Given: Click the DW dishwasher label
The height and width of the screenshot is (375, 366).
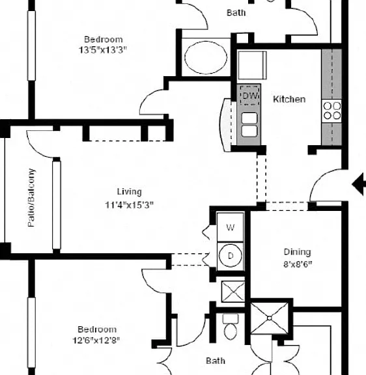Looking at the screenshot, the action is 250,96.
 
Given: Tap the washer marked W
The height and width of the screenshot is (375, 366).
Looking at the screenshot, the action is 230,227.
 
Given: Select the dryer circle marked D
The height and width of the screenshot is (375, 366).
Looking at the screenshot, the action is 230,256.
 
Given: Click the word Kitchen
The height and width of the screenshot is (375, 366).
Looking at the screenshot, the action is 289,99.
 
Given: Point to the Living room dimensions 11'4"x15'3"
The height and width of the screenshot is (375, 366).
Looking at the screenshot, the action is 129,205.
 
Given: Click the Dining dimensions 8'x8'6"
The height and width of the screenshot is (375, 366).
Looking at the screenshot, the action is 298,264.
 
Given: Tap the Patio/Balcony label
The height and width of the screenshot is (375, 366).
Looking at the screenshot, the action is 31,197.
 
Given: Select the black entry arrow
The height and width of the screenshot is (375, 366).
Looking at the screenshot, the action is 359,184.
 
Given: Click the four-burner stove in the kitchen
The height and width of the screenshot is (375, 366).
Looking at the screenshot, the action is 331,111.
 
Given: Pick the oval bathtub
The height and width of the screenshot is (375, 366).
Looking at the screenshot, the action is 206,58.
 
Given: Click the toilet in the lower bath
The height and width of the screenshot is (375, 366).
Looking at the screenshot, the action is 231,326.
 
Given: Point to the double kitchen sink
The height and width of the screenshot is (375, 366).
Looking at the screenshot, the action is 249,124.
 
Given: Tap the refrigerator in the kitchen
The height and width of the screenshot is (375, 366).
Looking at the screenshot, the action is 253,65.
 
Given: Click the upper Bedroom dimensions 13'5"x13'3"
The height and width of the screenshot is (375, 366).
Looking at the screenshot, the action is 103,50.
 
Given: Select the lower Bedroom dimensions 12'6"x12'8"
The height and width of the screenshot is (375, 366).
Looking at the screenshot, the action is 96,340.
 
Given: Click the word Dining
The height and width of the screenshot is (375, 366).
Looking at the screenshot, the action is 298,252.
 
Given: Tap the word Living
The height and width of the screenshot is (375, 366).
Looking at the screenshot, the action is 130,192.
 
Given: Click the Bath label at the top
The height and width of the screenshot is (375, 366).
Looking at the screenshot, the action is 236,12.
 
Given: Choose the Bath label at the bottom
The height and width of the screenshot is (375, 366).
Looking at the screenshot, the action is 216,361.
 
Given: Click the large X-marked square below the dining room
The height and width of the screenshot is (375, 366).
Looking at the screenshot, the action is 270,318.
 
